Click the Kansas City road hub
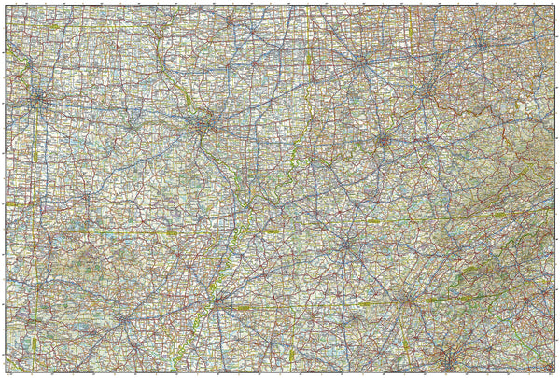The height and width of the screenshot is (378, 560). pos(37,97)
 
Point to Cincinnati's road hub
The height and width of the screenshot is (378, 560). pos(427,91)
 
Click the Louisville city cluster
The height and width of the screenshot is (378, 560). pos(383,141)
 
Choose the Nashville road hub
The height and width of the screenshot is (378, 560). pos(347,245)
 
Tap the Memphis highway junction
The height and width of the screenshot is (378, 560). pos(217,302)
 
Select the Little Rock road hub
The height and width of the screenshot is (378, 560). pos(124,319)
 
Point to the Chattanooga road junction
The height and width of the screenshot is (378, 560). pos(407,300)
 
